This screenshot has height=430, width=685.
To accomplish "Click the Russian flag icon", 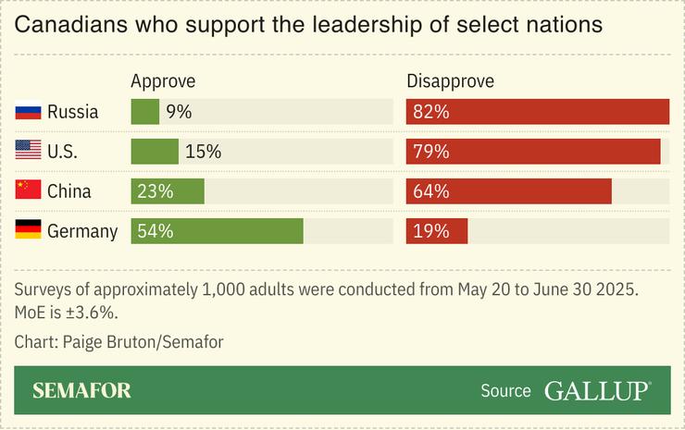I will click(28, 112).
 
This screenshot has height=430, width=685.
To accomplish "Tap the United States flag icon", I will click(28, 152).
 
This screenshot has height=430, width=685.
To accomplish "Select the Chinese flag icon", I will click(28, 191).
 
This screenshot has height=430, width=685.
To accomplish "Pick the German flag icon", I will click(28, 231).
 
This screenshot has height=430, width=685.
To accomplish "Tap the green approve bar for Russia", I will click(144, 112).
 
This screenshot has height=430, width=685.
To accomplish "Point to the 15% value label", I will click(203, 152).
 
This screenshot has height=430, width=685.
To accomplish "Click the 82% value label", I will click(431, 112).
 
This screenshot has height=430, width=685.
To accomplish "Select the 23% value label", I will click(156, 191).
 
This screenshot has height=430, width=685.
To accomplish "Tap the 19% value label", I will click(431, 231).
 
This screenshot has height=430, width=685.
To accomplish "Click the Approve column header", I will click(163, 81).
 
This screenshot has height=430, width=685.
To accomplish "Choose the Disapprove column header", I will click(450, 81).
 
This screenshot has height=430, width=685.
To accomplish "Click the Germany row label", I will click(82, 231).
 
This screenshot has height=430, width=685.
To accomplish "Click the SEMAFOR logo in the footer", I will click(81, 390).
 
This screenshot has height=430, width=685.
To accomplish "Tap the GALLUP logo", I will click(597, 390).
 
